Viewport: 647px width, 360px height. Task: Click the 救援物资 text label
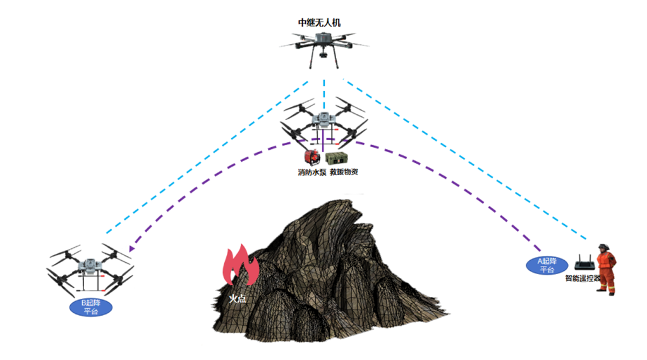click(x=344, y=172)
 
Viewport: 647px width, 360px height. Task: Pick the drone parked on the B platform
click(x=90, y=270)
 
